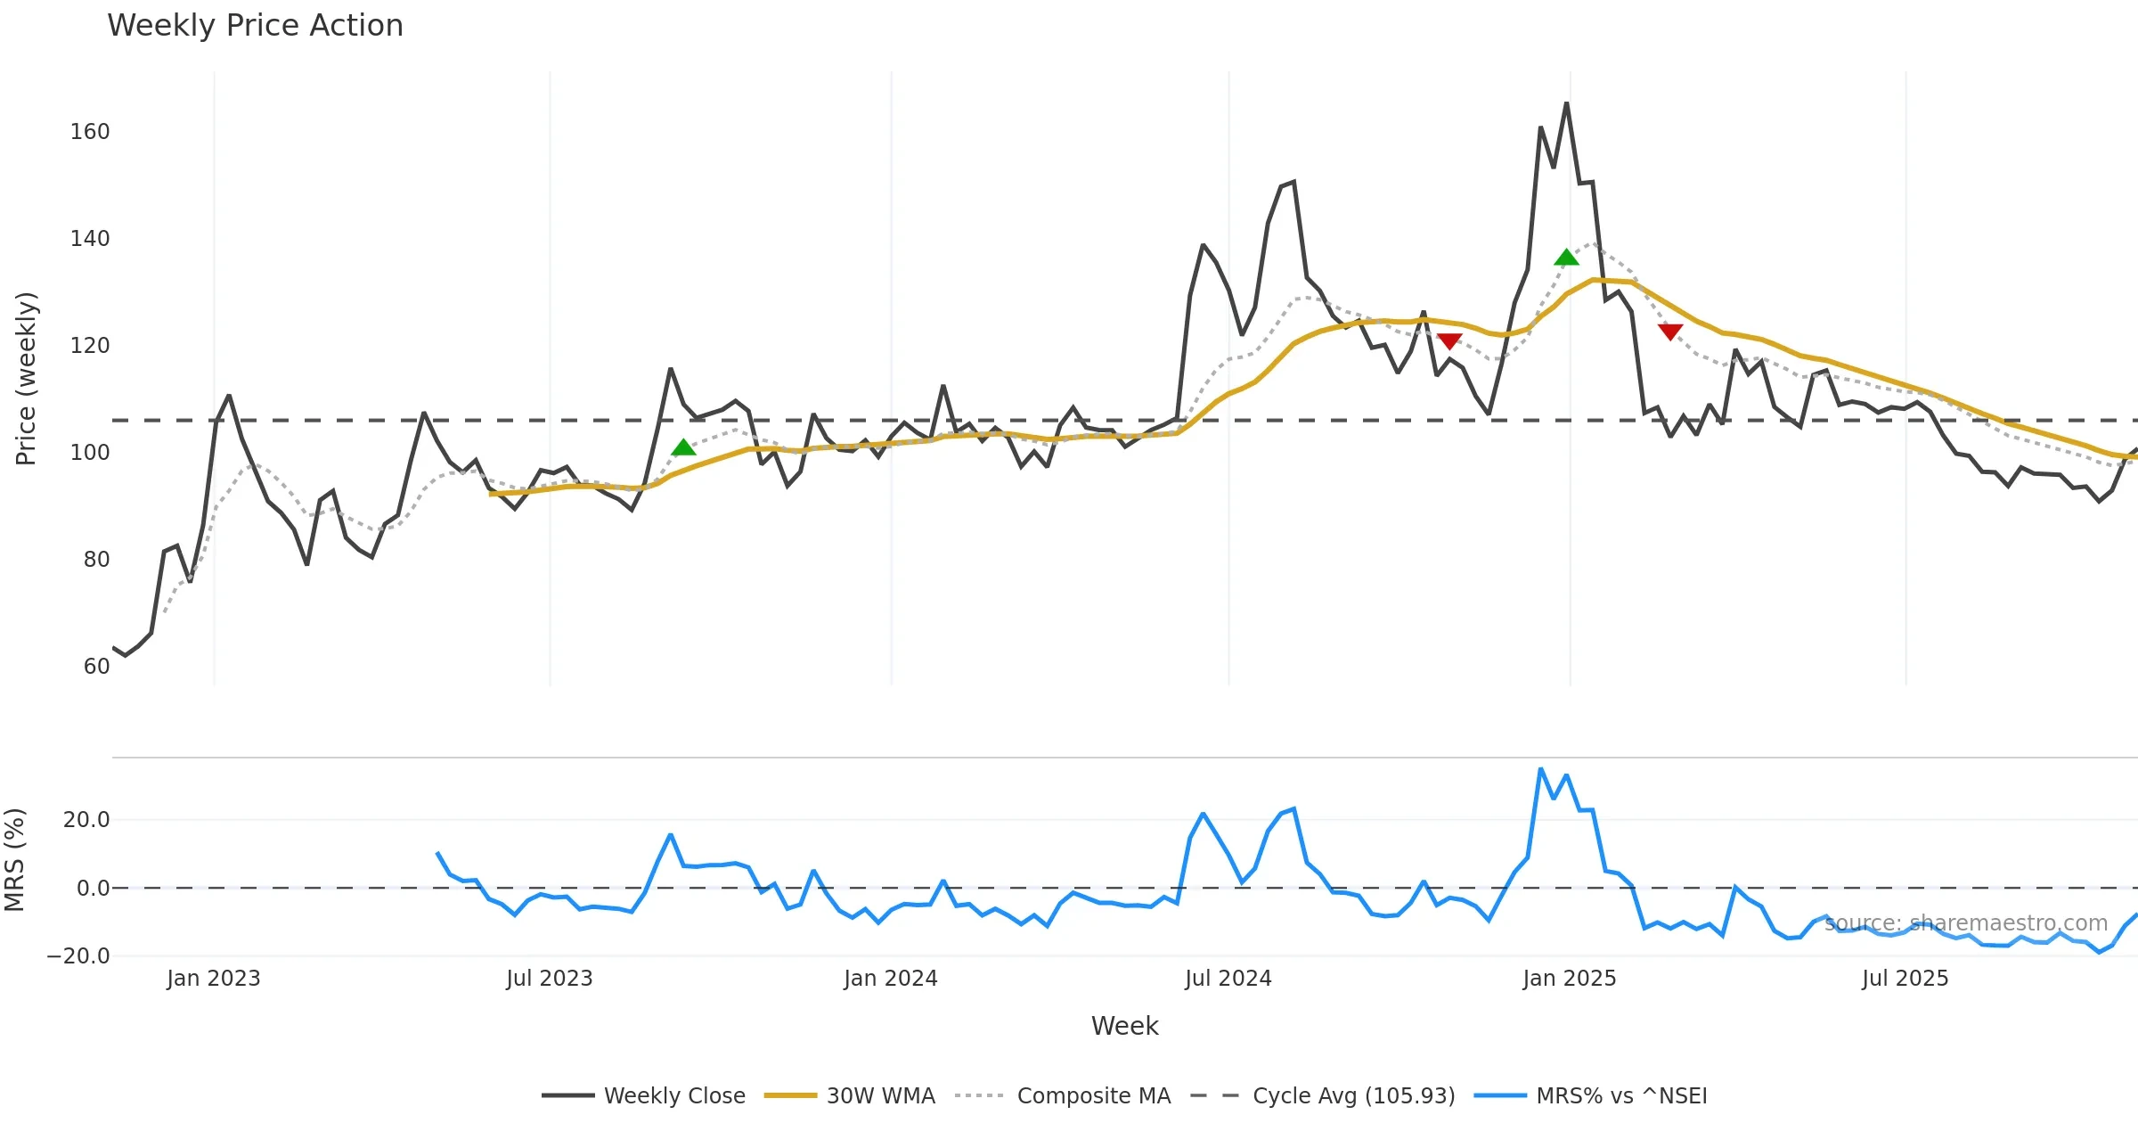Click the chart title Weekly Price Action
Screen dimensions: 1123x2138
click(255, 26)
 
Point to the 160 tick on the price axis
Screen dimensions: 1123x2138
click(90, 132)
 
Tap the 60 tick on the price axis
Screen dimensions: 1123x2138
click(96, 667)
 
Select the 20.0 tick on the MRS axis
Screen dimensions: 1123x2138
click(86, 820)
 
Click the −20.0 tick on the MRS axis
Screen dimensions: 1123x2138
click(78, 956)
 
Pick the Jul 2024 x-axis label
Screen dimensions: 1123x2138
click(1228, 979)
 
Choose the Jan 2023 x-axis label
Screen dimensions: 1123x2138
click(214, 979)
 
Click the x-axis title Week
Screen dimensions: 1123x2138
click(1124, 1027)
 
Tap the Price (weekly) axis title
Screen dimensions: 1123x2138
click(27, 379)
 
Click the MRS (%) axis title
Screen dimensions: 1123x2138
click(15, 860)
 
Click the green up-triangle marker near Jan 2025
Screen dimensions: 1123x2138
click(1566, 258)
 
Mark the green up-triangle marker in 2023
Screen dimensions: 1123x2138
click(683, 448)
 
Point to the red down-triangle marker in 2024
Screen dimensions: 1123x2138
click(1449, 340)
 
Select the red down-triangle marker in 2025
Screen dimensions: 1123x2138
click(1670, 332)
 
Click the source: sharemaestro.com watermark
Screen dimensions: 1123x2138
click(1965, 923)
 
